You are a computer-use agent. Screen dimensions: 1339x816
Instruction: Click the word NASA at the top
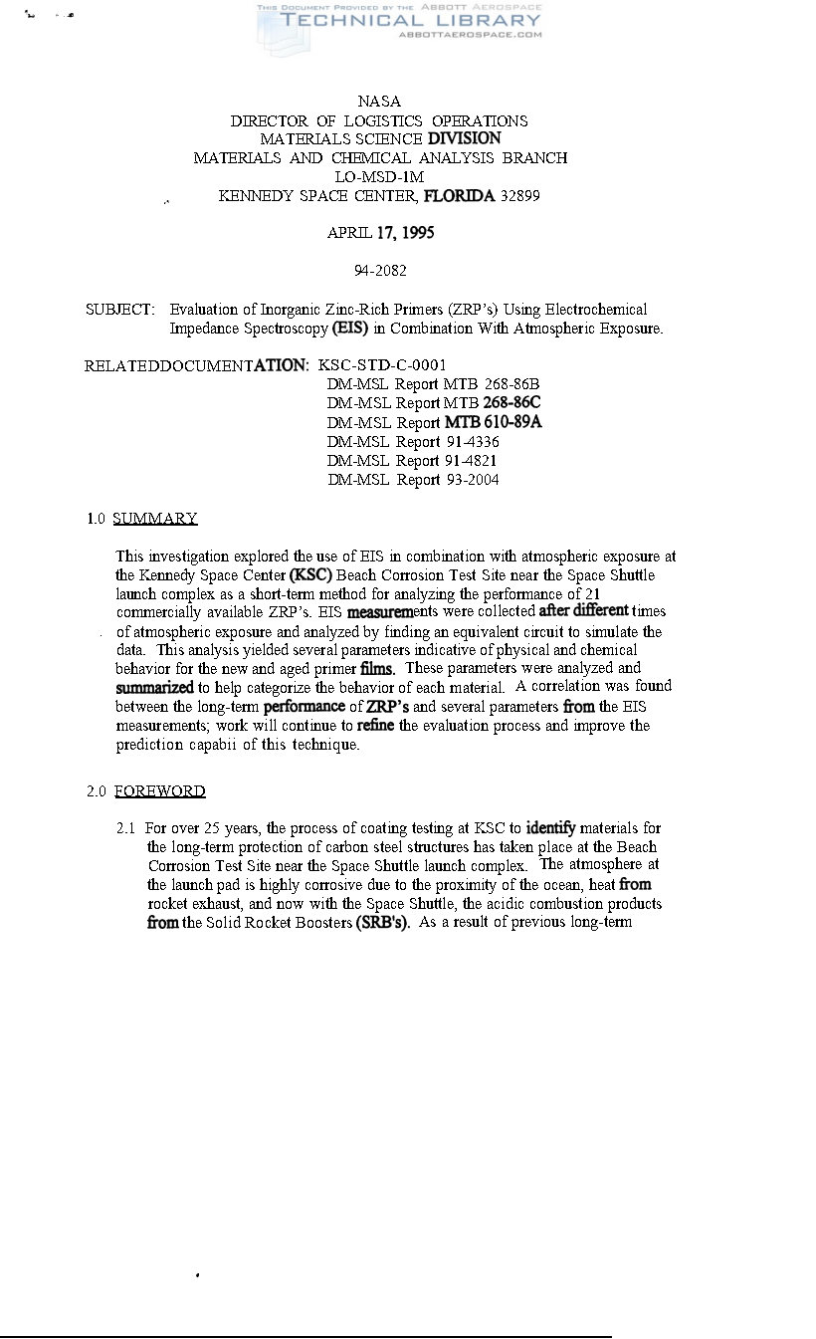pyautogui.click(x=379, y=102)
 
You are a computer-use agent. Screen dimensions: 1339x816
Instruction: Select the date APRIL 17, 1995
pyautogui.click(x=380, y=233)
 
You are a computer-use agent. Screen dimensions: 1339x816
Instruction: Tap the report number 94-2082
pyautogui.click(x=380, y=271)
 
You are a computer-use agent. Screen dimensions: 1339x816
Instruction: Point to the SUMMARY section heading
pyautogui.click(x=155, y=519)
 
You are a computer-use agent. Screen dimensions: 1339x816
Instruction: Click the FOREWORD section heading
pyautogui.click(x=159, y=791)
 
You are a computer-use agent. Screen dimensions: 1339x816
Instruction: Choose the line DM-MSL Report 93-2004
pyautogui.click(x=413, y=480)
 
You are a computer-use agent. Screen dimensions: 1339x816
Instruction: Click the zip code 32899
pyautogui.click(x=520, y=196)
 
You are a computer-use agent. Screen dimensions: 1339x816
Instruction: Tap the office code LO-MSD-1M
pyautogui.click(x=380, y=177)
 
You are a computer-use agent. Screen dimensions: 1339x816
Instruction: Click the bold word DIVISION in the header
pyautogui.click(x=464, y=139)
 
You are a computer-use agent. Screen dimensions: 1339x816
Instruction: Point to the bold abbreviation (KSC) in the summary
pyautogui.click(x=310, y=575)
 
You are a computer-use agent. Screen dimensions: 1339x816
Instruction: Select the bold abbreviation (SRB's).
pyautogui.click(x=376, y=923)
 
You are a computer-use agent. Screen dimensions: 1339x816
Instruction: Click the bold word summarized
pyautogui.click(x=154, y=688)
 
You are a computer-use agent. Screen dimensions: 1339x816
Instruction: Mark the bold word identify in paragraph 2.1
pyautogui.click(x=550, y=828)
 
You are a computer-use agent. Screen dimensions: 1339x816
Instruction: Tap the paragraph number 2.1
pyautogui.click(x=125, y=828)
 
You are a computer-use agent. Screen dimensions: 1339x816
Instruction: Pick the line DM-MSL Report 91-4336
pyautogui.click(x=413, y=442)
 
